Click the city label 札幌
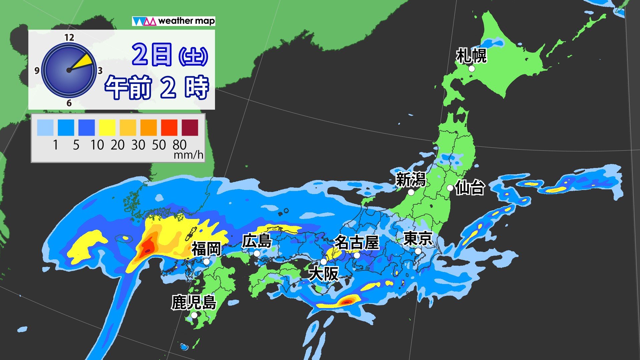[x=471, y=56]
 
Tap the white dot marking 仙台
[x=450, y=188]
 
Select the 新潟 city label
[x=411, y=180]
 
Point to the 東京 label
[x=418, y=239]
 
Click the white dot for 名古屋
[x=357, y=255]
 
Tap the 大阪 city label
[x=323, y=274]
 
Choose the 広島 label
[x=257, y=241]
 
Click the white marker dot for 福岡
[x=206, y=262]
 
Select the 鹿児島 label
[x=194, y=303]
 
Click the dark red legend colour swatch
[x=190, y=128]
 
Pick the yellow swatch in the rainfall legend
[x=107, y=128]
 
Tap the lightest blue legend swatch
[x=45, y=128]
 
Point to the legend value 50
[x=159, y=145]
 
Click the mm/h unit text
[x=188, y=155]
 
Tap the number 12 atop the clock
[x=69, y=37]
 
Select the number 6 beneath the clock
[x=69, y=103]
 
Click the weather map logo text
[x=186, y=21]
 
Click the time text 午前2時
[x=157, y=87]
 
